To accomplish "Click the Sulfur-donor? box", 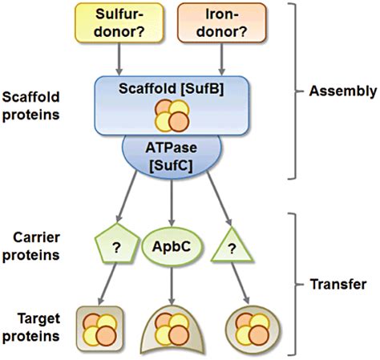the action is pos(119,22).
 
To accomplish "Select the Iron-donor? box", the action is pos(222,22).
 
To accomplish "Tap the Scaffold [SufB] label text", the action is pos(172,89).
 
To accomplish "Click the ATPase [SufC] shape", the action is pos(172,156).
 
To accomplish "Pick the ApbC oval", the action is pos(172,246).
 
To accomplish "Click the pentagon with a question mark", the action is pos(116,244).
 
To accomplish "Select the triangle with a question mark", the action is pos(232,246).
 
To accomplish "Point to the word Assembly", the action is pos(343,91).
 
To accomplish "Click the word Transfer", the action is pos(338,284).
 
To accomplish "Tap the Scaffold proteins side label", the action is pos(30,106).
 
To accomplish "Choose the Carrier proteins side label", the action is pos(31,246).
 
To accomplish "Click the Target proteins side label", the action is pos(31,327).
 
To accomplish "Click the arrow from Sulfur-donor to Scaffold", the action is pos(119,59).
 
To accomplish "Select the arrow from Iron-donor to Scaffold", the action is pos(221,59).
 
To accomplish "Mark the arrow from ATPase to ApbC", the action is pos(172,203).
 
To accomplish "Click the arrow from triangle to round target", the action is pos(241,283).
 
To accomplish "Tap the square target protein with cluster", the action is pos(99,329).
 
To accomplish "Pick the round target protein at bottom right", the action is pos(253,329).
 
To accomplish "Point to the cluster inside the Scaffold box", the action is pos(172,115).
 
